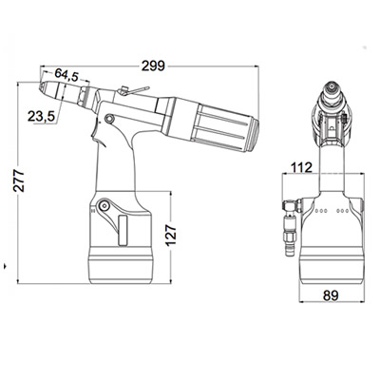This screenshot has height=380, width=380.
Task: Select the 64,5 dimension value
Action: click(66, 74)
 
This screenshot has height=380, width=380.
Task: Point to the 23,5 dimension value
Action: click(40, 117)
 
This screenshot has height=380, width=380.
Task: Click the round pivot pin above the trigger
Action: click(111, 119)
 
